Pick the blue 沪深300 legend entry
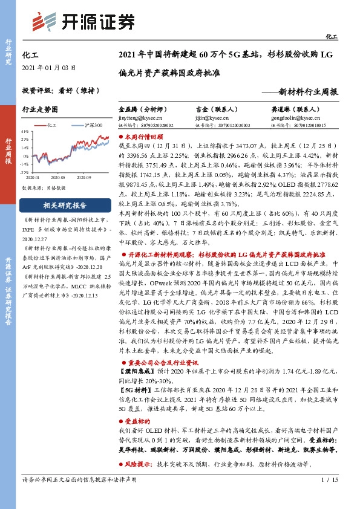point(90,125)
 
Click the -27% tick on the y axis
point(25,172)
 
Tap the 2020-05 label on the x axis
point(57,177)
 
